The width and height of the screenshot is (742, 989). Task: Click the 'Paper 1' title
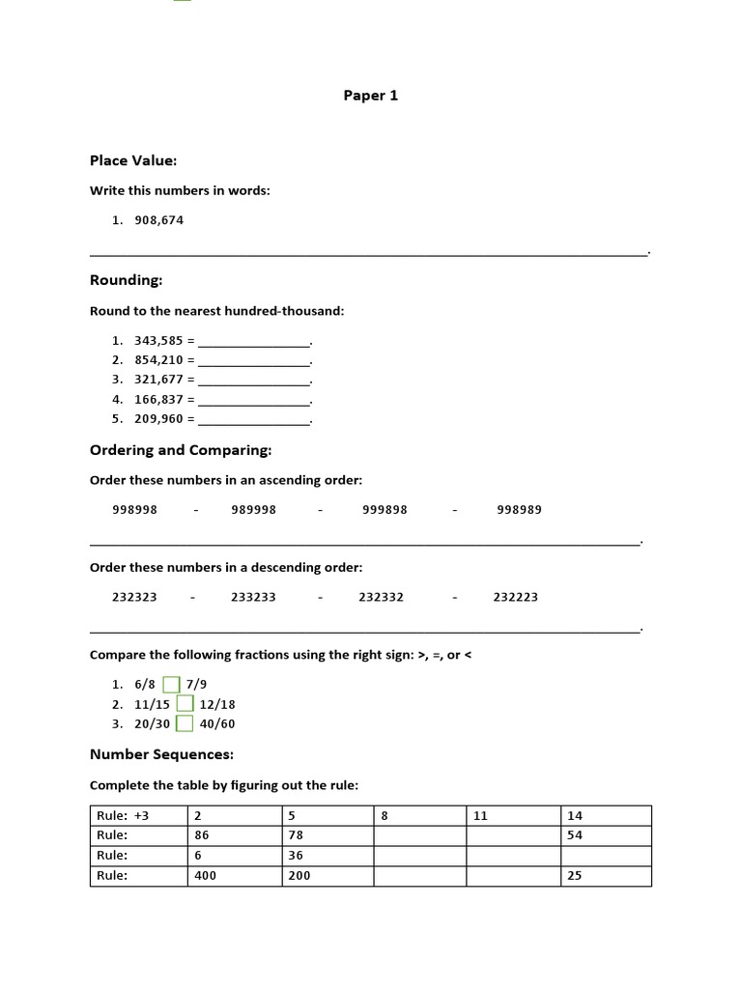pyautogui.click(x=370, y=96)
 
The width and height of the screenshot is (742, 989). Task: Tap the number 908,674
pyautogui.click(x=159, y=220)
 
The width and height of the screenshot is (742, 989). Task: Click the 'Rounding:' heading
pyautogui.click(x=126, y=280)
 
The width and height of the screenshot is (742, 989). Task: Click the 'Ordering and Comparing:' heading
pyautogui.click(x=181, y=450)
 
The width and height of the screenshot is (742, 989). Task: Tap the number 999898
pyautogui.click(x=385, y=510)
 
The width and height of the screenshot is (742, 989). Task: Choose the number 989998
pyautogui.click(x=253, y=510)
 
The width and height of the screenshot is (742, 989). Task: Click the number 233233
pyautogui.click(x=253, y=597)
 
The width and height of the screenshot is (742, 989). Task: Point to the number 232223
pyautogui.click(x=515, y=597)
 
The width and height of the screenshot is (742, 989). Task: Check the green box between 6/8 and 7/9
pyautogui.click(x=172, y=685)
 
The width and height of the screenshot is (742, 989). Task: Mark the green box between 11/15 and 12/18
pyautogui.click(x=185, y=704)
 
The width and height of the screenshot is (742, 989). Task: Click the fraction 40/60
pyautogui.click(x=217, y=723)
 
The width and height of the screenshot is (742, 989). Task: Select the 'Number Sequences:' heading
pyautogui.click(x=161, y=753)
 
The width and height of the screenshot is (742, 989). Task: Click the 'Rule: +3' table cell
pyautogui.click(x=138, y=816)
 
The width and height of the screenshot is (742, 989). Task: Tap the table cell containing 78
pyautogui.click(x=327, y=835)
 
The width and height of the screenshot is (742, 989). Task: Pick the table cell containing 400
pyautogui.click(x=234, y=876)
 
